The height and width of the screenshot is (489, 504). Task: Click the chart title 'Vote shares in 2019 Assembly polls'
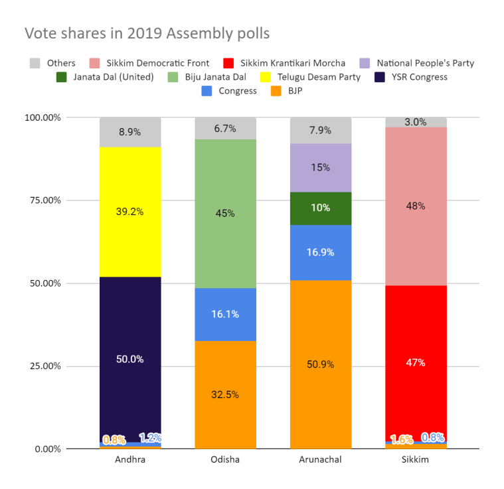pyautogui.click(x=147, y=33)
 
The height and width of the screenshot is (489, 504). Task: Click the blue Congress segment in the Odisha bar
pyautogui.click(x=225, y=314)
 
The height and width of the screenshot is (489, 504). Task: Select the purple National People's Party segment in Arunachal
pyautogui.click(x=321, y=168)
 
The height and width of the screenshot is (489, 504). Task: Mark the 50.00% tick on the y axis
pyautogui.click(x=42, y=283)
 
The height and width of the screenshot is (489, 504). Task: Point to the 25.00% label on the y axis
pyautogui.click(x=42, y=366)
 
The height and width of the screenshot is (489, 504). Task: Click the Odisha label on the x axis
pyautogui.click(x=225, y=460)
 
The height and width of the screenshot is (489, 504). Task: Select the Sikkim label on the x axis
pyautogui.click(x=416, y=460)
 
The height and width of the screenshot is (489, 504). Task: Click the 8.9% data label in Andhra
pyautogui.click(x=130, y=132)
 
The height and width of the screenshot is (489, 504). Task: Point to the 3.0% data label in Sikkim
pyautogui.click(x=416, y=121)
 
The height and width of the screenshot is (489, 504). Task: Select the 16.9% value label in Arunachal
pyautogui.click(x=321, y=252)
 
